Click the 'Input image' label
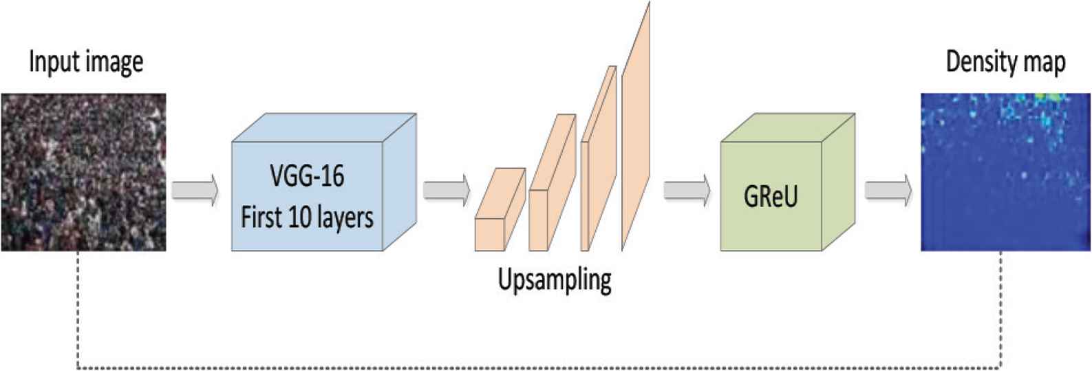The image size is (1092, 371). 86,62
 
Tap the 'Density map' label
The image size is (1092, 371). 1005,62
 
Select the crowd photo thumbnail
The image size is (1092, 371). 83,172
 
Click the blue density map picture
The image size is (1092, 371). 1006,172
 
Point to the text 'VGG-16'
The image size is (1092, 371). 307,177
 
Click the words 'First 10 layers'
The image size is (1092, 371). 307,218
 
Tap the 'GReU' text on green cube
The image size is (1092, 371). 771,198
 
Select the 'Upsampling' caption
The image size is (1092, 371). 555,280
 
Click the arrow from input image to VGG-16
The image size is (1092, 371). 195,189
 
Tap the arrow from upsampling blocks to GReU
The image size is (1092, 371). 687,189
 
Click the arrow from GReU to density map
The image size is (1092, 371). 888,189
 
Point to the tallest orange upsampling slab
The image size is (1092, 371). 636,124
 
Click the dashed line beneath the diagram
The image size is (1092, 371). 537,368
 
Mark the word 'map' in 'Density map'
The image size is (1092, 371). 1045,63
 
